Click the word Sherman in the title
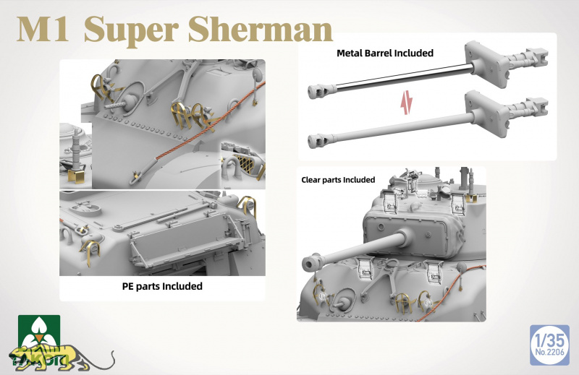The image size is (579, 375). pyautogui.click(x=261, y=30)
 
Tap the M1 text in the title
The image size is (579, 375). pyautogui.click(x=43, y=30)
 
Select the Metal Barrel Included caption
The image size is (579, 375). pyautogui.click(x=385, y=53)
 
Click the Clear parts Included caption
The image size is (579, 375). pyautogui.click(x=338, y=180)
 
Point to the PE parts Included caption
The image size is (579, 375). pyautogui.click(x=162, y=286)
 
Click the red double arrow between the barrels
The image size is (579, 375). pyautogui.click(x=407, y=103)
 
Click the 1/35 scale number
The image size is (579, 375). pyautogui.click(x=550, y=340)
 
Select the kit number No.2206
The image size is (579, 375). pyautogui.click(x=550, y=353)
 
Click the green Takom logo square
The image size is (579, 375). pyautogui.click(x=39, y=332)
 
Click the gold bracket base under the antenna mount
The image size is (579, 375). pyautogui.click(x=76, y=176)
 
